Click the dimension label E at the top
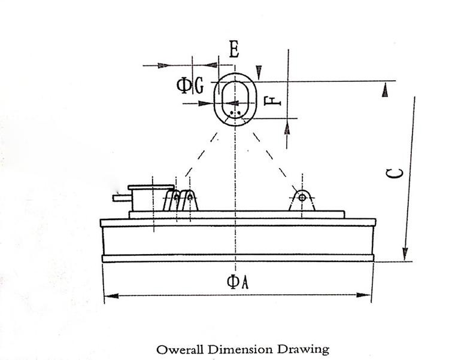tap(234, 48)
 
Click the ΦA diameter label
tap(237, 282)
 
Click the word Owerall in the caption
tap(178, 349)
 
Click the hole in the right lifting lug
tap(302, 196)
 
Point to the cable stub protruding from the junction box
tap(120, 197)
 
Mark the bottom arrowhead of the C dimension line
tap(405, 254)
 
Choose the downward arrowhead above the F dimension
tap(258, 72)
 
